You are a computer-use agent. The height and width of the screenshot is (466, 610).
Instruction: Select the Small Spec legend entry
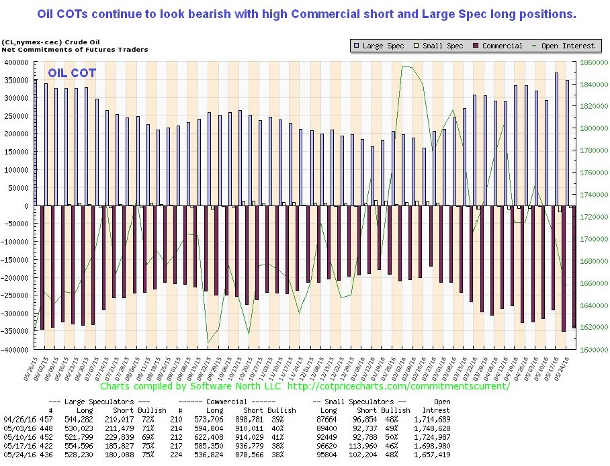(439, 46)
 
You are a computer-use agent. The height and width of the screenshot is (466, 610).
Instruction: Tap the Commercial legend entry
(496, 46)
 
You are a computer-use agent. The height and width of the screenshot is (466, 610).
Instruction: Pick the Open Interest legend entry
(566, 46)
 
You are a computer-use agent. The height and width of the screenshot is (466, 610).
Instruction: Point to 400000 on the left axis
(21, 62)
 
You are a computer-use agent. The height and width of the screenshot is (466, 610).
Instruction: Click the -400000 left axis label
(19, 349)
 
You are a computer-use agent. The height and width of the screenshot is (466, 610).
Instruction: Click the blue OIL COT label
(71, 73)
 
